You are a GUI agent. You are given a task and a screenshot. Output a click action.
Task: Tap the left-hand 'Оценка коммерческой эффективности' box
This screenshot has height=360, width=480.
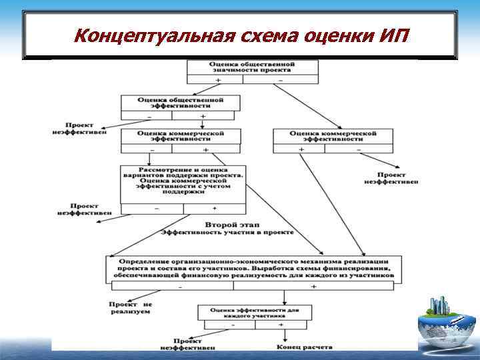point(180,137)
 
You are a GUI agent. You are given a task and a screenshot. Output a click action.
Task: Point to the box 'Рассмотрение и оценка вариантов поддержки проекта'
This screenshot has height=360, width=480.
point(183,179)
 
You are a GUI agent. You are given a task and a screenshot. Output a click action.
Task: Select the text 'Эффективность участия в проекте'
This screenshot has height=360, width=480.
point(227,233)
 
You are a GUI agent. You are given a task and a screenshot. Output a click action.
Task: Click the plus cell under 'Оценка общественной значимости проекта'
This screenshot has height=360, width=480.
point(217,80)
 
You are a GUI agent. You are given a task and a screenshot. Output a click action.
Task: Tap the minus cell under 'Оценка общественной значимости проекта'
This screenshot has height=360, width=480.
point(279,80)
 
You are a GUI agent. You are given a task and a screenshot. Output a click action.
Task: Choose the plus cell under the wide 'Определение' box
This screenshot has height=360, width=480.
point(314,286)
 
